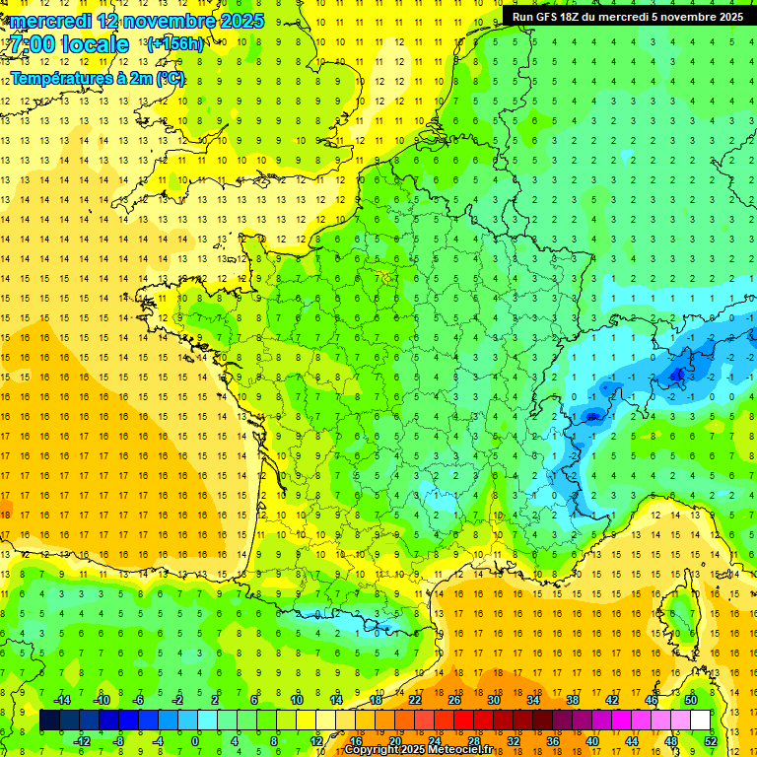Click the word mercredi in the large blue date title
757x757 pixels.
click(x=50, y=21)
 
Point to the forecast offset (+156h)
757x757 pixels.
click(x=175, y=43)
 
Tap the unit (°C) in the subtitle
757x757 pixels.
click(x=169, y=77)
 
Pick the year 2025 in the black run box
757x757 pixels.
click(x=728, y=17)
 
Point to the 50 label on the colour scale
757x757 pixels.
click(x=690, y=700)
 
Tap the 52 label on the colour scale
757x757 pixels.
click(x=710, y=740)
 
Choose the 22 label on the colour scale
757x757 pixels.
click(x=415, y=700)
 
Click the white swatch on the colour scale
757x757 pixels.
click(x=700, y=721)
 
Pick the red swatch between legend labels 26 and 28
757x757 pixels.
click(x=464, y=721)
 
